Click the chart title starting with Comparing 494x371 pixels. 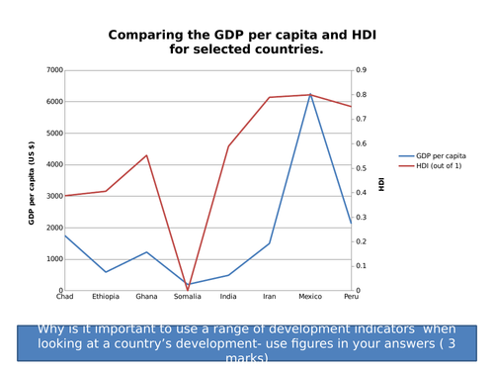241,42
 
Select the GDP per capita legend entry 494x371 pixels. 440,156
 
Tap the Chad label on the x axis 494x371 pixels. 64,296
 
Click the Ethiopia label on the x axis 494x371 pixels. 105,296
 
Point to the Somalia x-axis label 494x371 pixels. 187,296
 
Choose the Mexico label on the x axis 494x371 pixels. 310,296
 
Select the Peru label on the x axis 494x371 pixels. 351,296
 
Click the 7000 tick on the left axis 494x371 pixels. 54,70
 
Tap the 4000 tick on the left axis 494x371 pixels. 54,164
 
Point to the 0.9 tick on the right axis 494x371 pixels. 362,70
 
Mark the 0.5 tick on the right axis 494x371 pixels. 362,168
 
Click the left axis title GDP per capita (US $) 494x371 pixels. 32,182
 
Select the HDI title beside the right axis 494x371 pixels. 381,182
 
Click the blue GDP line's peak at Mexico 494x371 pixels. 310,95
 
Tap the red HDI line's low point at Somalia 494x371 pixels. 188,290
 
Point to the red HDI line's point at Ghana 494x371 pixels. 146,155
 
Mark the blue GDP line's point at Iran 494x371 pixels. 269,243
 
